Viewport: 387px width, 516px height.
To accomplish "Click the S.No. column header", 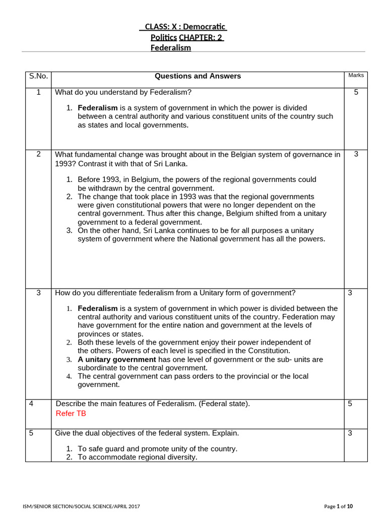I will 38,76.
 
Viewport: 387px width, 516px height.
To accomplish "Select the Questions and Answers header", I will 198,76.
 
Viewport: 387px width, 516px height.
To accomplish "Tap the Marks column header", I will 356,75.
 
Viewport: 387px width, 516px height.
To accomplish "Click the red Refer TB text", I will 71,413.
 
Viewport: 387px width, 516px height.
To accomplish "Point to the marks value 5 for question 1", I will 356,92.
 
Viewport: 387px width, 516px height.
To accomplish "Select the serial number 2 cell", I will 38,154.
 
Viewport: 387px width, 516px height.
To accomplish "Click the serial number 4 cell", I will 31,404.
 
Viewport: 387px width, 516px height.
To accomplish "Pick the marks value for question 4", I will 350,404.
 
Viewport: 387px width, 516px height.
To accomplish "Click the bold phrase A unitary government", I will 117,359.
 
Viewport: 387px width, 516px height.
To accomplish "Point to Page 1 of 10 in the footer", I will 339,506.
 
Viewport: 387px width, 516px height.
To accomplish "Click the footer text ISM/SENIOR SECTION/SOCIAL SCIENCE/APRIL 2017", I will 82,506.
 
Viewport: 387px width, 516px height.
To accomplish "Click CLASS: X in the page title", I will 161,27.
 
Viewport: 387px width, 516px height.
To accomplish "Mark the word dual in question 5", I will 100,433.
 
